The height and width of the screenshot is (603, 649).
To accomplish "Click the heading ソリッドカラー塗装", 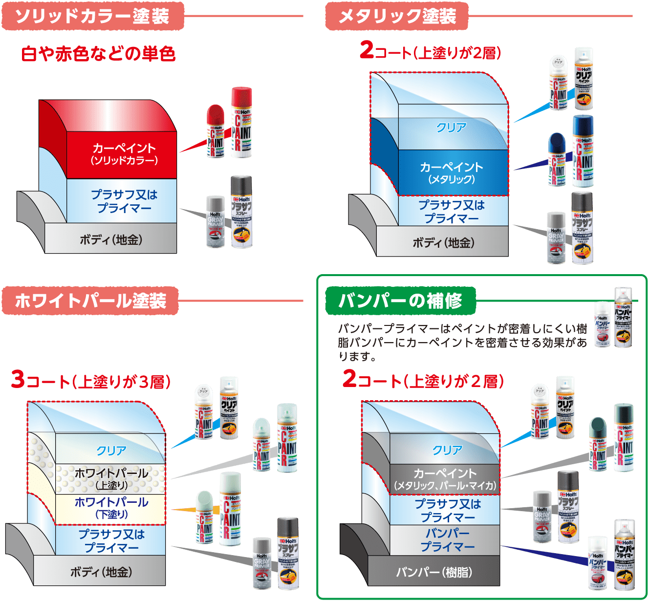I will (x=93, y=16).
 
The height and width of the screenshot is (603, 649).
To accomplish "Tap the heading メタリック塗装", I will (x=397, y=16).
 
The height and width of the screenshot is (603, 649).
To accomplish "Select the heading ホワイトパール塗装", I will (x=90, y=301).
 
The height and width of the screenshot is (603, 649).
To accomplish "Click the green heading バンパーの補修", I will (x=400, y=301).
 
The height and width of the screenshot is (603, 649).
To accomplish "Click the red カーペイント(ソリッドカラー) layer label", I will (x=124, y=153).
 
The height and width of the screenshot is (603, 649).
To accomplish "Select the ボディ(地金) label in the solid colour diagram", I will (x=111, y=240).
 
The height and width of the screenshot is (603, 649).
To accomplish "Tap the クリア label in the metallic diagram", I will (x=451, y=128).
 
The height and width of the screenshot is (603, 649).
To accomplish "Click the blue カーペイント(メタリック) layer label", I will (x=451, y=172).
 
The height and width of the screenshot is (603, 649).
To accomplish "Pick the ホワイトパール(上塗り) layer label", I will (x=111, y=478).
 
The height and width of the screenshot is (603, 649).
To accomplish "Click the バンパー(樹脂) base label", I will (x=434, y=572).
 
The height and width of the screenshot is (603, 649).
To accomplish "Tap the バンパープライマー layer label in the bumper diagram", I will (x=447, y=539).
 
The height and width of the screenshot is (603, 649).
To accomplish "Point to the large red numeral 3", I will (x=18, y=380).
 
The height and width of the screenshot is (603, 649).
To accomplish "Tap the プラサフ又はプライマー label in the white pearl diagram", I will (x=111, y=540).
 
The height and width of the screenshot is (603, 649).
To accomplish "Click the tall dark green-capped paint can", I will (x=624, y=437).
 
